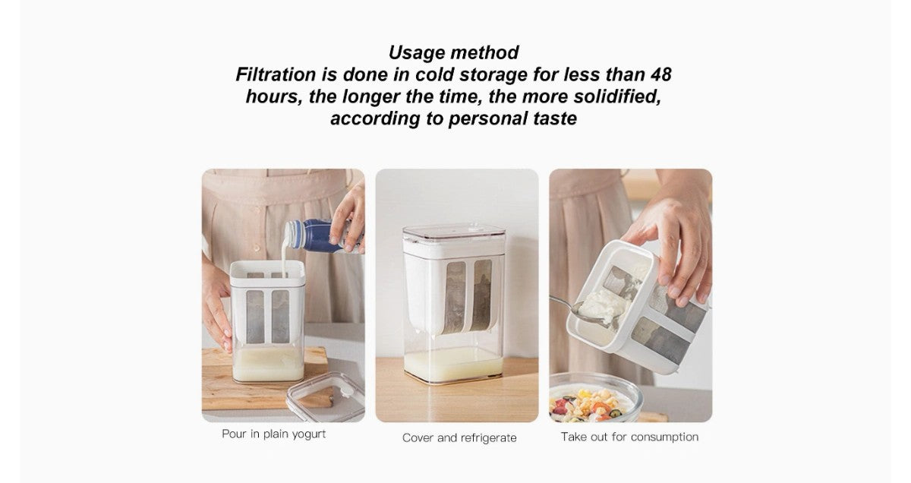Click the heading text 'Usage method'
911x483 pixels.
(453, 52)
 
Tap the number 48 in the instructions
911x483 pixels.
(661, 74)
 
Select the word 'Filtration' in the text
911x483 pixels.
(276, 74)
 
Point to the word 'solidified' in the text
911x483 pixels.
(617, 96)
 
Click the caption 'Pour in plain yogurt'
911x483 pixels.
(274, 434)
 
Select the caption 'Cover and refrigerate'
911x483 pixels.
(459, 438)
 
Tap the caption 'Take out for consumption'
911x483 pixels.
(629, 437)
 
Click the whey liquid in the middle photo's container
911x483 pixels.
(454, 365)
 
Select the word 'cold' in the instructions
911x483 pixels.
(434, 74)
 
